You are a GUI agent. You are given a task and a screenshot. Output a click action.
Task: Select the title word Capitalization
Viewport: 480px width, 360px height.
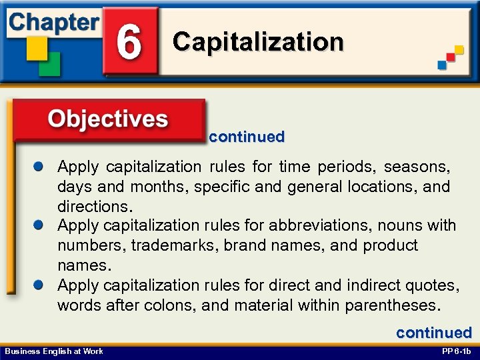(x=258, y=42)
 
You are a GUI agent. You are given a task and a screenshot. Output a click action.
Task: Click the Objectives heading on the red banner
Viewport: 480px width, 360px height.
(x=107, y=119)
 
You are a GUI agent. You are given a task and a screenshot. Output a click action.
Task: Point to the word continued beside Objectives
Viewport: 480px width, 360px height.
(x=246, y=137)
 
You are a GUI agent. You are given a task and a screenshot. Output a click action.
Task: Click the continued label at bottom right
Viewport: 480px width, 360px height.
(x=434, y=333)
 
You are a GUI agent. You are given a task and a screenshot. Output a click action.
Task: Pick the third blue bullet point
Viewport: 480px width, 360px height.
(x=41, y=285)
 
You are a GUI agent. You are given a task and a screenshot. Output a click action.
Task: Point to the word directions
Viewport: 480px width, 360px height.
(x=91, y=206)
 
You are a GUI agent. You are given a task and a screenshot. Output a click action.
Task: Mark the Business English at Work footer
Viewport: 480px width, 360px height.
(x=53, y=351)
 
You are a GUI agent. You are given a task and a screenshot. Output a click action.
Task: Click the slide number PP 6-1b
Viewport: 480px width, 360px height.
(x=456, y=351)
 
